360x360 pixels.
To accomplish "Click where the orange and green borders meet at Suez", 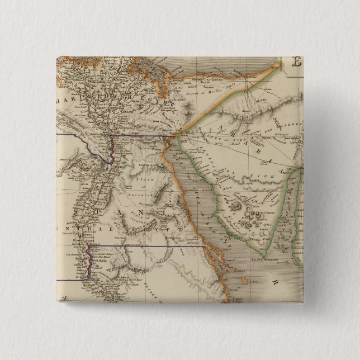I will click(174, 136).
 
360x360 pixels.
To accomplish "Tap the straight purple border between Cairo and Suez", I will click(143, 135).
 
